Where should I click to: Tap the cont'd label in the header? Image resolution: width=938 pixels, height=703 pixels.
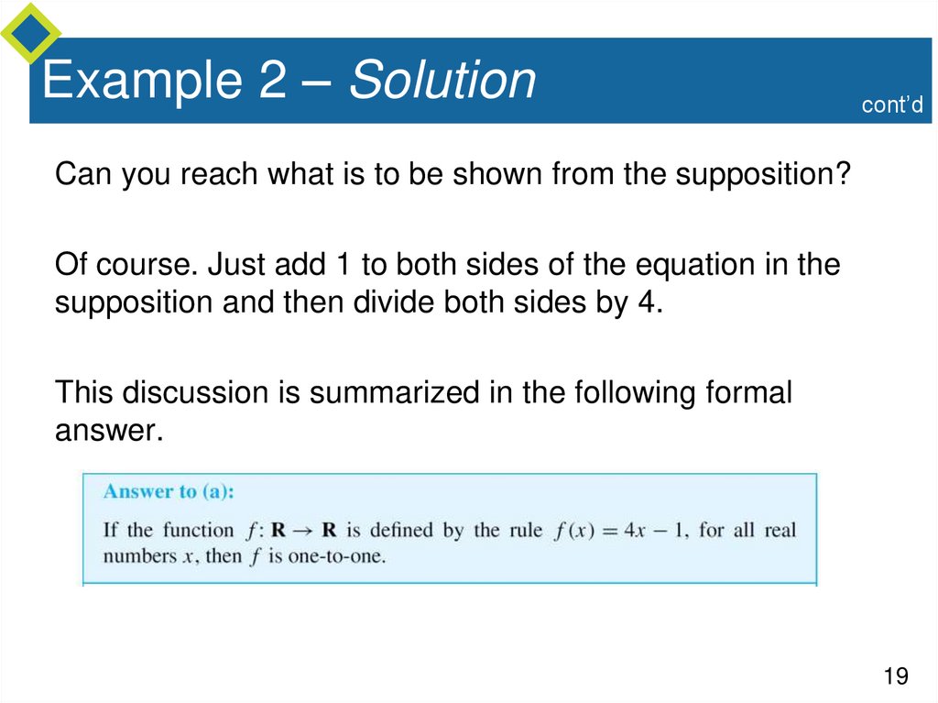pos(890,105)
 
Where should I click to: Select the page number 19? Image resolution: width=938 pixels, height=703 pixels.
pos(895,676)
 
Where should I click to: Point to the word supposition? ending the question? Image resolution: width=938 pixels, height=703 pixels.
pos(764,175)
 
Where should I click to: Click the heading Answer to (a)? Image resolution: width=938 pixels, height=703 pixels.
pos(169,491)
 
